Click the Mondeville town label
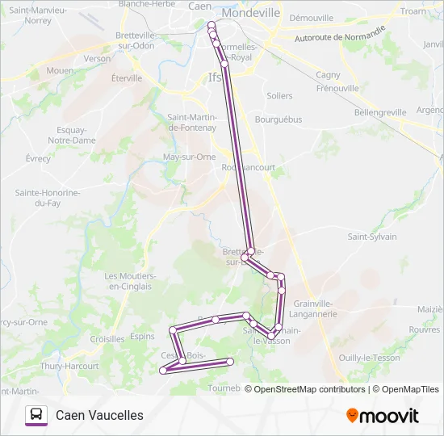(x=250, y=14)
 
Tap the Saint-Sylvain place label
(x=372, y=237)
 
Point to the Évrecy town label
(x=38, y=158)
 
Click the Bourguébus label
(x=278, y=119)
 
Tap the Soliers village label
(x=279, y=95)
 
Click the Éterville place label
(x=127, y=78)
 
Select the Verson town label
(x=97, y=59)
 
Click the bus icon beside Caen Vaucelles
(x=36, y=415)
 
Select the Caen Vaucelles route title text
(x=99, y=415)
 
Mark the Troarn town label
(x=413, y=11)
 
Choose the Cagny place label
(x=328, y=75)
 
